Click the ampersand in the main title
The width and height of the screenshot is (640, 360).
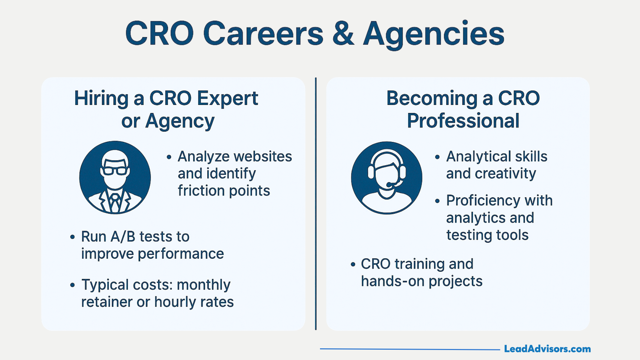pyautogui.click(x=343, y=33)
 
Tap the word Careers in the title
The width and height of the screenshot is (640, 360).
pyautogui.click(x=263, y=33)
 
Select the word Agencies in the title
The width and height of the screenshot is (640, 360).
pyautogui.click(x=434, y=35)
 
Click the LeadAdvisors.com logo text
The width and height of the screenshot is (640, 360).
pyautogui.click(x=547, y=349)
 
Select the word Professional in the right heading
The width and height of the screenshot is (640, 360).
pyautogui.click(x=463, y=121)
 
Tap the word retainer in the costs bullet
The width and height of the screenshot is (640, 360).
pyautogui.click(x=107, y=302)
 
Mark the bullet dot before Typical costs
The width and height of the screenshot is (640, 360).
pyautogui.click(x=73, y=285)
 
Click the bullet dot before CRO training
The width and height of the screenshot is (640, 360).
pyautogui.click(x=353, y=264)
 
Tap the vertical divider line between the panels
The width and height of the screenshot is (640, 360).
pyautogui.click(x=316, y=204)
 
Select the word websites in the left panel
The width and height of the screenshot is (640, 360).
pyautogui.click(x=263, y=156)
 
